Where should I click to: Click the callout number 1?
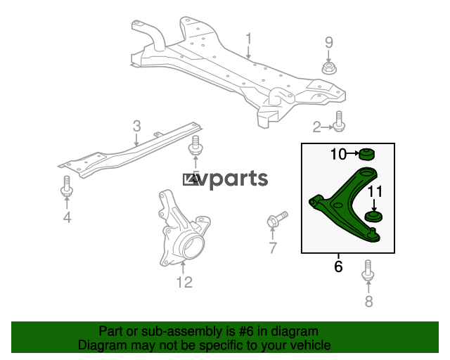(x=248, y=39)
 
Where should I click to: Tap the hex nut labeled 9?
(x=329, y=68)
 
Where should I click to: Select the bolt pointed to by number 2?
(x=339, y=122)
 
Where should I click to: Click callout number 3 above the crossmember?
(x=137, y=126)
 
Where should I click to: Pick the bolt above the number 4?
(x=67, y=186)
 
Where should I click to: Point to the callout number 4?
(x=67, y=217)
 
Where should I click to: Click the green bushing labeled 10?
(x=367, y=155)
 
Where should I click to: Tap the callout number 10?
(x=339, y=154)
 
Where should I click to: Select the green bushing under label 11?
(x=373, y=217)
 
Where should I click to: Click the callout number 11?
(x=375, y=192)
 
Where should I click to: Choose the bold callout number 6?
(x=338, y=266)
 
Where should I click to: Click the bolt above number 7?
(x=277, y=219)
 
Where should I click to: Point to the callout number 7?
(x=273, y=247)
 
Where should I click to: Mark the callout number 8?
(x=368, y=301)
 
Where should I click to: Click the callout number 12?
(x=184, y=282)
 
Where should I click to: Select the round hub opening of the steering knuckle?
(x=193, y=246)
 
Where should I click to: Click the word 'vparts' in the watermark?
(x=233, y=179)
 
